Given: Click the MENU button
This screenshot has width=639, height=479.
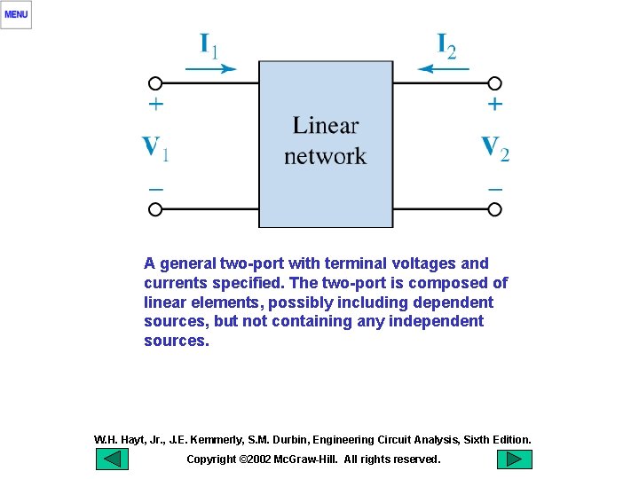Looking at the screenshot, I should coord(16,14).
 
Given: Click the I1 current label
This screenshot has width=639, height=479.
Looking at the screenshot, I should coord(209,45).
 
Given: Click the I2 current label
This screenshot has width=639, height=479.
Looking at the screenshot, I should coord(446,45).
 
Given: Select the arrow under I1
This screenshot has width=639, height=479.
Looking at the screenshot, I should coord(211,68).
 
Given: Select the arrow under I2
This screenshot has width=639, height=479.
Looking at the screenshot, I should coord(443,68).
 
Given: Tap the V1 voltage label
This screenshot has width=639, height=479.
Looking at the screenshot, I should coord(156,148).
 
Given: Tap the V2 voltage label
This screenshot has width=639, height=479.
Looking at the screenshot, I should coord(494,148).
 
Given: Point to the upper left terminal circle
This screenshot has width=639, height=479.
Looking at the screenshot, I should coord(155,83).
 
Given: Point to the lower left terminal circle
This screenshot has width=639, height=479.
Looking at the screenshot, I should coord(155,209).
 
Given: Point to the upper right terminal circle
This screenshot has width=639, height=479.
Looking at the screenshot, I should coord(495,83).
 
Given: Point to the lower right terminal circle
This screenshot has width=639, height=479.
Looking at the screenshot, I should coord(495,209).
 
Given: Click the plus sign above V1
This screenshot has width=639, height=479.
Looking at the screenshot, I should coord(155,105).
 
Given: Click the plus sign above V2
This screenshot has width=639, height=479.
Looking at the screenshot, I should coord(495,105).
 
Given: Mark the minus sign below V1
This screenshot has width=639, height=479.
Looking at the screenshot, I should coord(155,189).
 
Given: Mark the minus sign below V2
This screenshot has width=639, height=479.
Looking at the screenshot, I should coord(495,189).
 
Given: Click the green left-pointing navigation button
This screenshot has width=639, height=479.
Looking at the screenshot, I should coord(112,459).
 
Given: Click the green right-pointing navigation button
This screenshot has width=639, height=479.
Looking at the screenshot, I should coord(514,459).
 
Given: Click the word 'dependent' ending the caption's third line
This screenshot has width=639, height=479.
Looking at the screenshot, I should coord(456,302).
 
